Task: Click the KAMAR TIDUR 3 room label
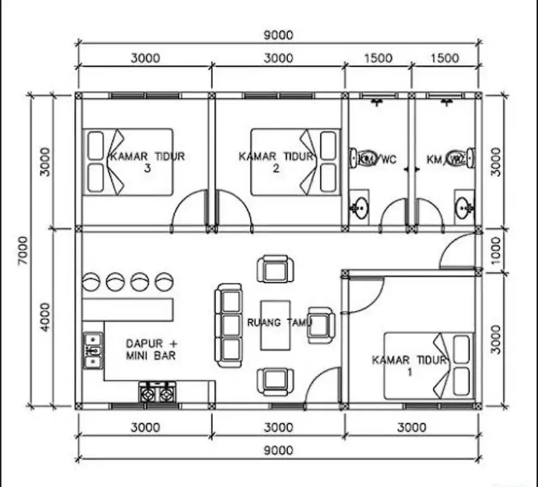[x=146, y=162]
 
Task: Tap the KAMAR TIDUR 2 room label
[x=276, y=162]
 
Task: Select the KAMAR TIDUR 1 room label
[x=409, y=366]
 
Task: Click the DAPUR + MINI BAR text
[x=151, y=350]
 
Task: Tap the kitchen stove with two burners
[x=157, y=392]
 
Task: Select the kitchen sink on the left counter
[x=93, y=350]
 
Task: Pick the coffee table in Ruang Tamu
[x=275, y=324]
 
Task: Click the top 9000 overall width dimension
[x=278, y=35]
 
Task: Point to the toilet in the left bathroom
[x=364, y=158]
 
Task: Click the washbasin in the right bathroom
[x=464, y=207]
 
